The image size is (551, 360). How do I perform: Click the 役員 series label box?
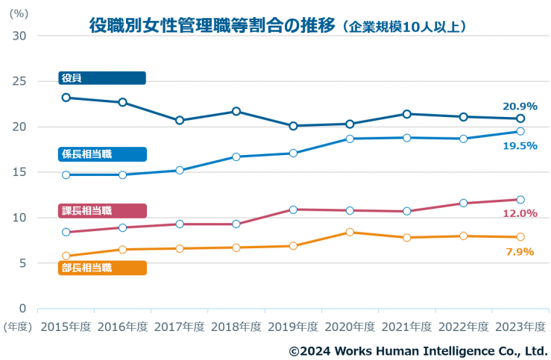[101, 78]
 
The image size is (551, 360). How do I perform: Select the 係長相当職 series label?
[101, 154]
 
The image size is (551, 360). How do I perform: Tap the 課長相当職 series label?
[101, 211]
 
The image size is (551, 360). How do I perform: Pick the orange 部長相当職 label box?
[101, 268]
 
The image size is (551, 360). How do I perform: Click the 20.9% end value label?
[519, 107]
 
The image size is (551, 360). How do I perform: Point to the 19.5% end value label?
[519, 145]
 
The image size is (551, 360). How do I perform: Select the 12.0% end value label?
[519, 213]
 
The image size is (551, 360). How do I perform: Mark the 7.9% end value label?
[519, 252]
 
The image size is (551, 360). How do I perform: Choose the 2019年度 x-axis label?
[293, 326]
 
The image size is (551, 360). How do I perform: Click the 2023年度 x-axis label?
[520, 326]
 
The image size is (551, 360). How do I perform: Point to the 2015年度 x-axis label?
[66, 326]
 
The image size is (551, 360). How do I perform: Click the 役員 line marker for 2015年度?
[66, 98]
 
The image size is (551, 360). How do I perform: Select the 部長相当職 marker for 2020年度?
[350, 233]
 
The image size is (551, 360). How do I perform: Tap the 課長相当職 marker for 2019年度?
[294, 209]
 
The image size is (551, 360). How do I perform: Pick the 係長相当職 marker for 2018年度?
[236, 157]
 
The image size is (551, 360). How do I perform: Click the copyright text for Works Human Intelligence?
[418, 350]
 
